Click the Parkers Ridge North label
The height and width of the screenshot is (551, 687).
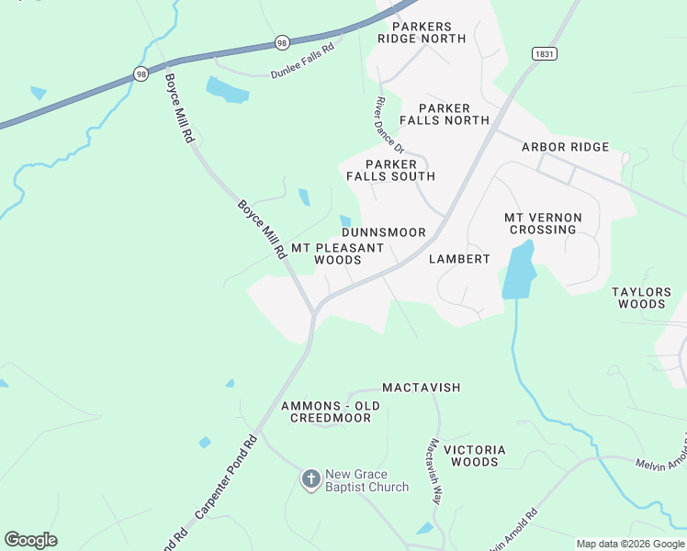tap(422, 32)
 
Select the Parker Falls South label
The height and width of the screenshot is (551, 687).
tap(390, 170)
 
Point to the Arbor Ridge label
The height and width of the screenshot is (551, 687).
tap(565, 147)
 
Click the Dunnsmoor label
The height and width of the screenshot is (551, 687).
tap(384, 232)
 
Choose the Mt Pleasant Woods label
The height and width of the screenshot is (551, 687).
tap(337, 254)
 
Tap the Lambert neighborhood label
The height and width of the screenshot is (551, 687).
tap(459, 259)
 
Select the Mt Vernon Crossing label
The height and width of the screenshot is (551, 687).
tap(543, 223)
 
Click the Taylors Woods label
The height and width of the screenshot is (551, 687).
tap(642, 298)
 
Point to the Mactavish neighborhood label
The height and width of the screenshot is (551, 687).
tap(421, 388)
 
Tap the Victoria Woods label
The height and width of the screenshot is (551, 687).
tap(474, 455)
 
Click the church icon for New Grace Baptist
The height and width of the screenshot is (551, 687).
tap(311, 479)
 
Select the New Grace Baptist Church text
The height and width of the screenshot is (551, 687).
tap(367, 480)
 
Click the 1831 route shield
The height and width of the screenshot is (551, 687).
tap(544, 54)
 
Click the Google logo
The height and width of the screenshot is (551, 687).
tap(30, 540)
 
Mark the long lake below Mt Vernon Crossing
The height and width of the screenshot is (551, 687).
tap(518, 270)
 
